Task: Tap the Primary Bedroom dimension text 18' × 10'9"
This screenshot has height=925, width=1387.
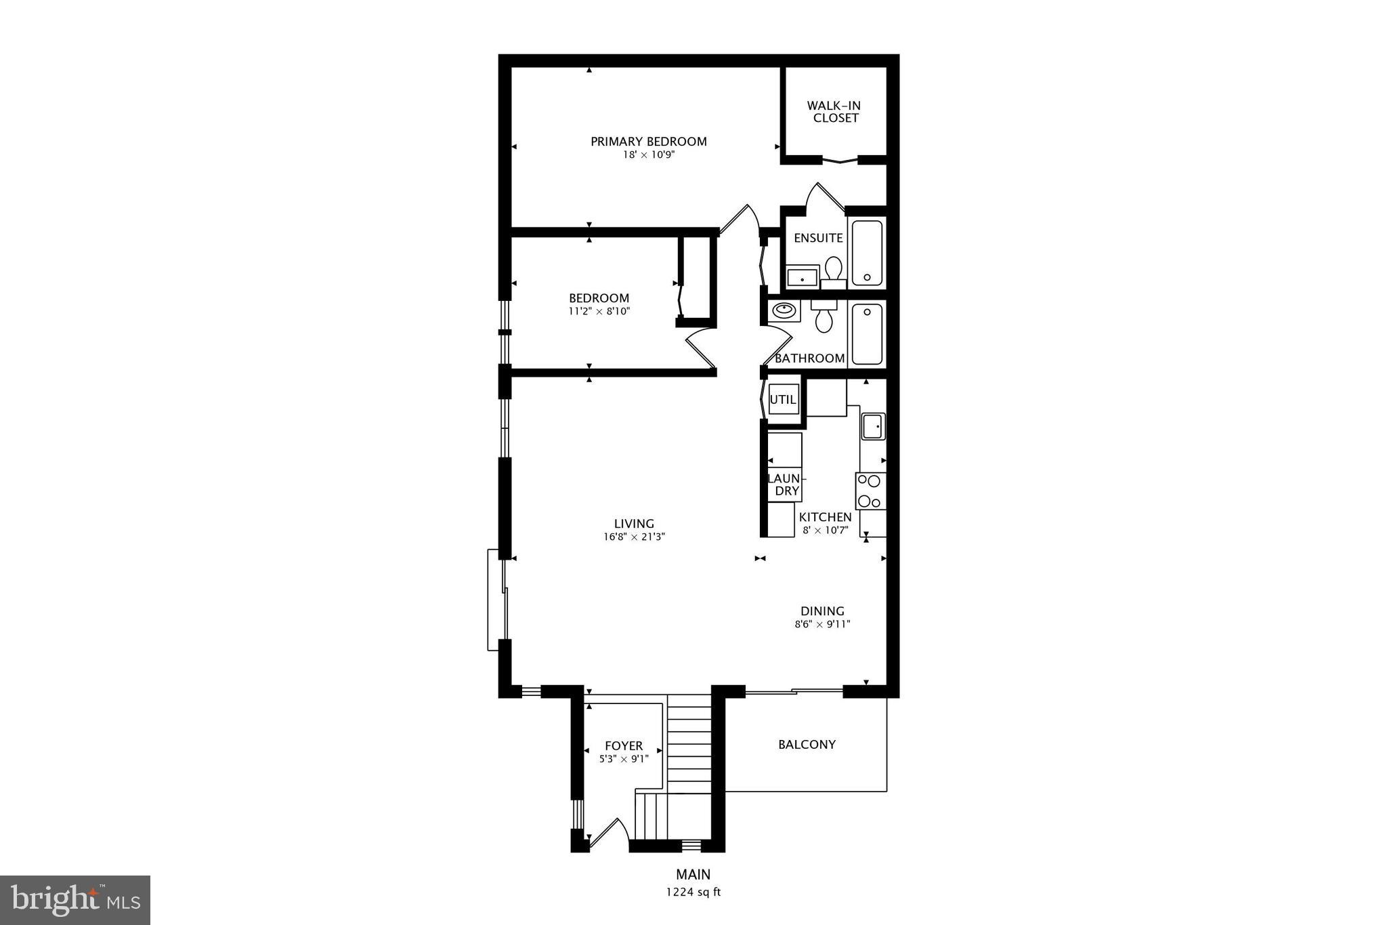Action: point(649,155)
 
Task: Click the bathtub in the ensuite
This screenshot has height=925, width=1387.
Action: point(867,253)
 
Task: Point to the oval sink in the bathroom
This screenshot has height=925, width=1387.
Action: point(784,311)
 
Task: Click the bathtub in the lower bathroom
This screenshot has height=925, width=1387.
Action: point(867,334)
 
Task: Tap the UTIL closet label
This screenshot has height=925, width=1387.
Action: point(783,400)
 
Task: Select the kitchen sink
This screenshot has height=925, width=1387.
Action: point(873,426)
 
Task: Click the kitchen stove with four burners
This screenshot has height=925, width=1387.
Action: point(870,491)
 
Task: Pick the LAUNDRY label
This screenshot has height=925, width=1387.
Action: point(784,485)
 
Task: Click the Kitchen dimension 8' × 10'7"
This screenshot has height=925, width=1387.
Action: point(826,530)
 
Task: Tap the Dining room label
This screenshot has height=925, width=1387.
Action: point(822,611)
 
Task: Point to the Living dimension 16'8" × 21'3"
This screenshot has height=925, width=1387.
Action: point(634,537)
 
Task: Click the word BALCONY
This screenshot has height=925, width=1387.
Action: point(807,745)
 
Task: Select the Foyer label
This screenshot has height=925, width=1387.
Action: point(624,746)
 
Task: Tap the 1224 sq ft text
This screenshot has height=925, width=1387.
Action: point(693,892)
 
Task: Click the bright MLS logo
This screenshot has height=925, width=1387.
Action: point(75,900)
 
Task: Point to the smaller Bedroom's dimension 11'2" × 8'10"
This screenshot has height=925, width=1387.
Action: point(599,312)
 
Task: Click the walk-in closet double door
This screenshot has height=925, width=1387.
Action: point(840,161)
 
